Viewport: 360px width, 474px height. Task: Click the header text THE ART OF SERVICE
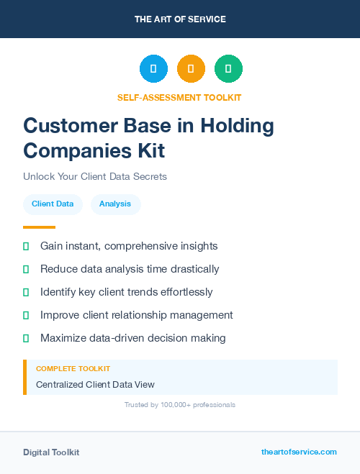coord(180,19)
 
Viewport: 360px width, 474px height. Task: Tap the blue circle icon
coord(153,69)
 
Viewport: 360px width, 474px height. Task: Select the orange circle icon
coord(191,69)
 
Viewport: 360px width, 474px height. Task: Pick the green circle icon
coord(228,69)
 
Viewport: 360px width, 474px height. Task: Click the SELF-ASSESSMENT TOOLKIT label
coord(179,97)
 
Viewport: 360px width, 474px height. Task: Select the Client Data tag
coord(53,204)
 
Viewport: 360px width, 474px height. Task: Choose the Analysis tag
coord(115,204)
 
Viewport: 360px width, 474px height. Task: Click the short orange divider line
coord(39,227)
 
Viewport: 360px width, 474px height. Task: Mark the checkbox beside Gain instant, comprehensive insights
coord(26,246)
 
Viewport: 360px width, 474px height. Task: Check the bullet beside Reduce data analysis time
coord(26,269)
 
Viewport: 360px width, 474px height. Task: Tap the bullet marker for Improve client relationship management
coord(26,315)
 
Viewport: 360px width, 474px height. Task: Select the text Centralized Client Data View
coord(95,385)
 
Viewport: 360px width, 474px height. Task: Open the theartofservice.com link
coord(299,452)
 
